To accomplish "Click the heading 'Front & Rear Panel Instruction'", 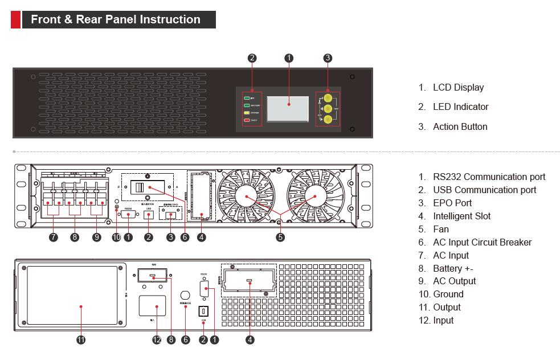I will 115,19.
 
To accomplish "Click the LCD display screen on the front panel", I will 288,109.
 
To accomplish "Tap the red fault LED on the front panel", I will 248,121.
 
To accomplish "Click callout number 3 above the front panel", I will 328,58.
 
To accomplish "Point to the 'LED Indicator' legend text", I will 460,107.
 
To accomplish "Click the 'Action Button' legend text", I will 460,126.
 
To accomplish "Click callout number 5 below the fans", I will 280,238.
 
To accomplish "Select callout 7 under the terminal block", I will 54,238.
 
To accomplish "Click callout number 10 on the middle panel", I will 117,238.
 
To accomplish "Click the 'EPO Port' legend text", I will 452,203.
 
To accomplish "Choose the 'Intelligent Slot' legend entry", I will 461,216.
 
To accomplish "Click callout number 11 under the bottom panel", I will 81,340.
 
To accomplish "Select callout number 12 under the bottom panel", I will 157,340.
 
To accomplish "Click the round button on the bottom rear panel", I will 185,296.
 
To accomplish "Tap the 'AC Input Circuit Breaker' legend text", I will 482,242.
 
